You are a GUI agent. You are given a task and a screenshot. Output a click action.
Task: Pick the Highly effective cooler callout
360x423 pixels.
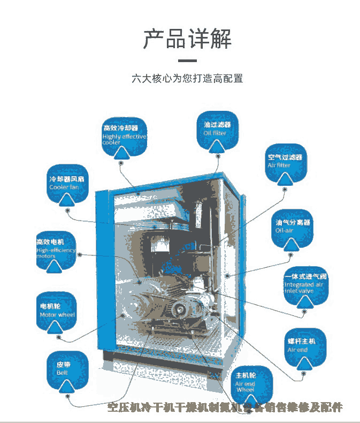tap(124, 138)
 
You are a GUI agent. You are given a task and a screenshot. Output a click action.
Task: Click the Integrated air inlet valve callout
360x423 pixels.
tap(305, 288)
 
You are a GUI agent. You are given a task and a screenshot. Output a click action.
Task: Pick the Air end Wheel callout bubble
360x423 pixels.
tap(251, 386)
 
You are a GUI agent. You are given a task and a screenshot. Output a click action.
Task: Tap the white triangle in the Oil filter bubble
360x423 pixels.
tap(217, 145)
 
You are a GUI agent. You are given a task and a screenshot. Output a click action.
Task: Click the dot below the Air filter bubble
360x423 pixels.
tap(286, 189)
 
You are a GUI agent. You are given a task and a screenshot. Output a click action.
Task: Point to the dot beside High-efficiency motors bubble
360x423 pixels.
tap(80, 254)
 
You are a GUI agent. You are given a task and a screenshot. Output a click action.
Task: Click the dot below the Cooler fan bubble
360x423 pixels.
tap(67, 210)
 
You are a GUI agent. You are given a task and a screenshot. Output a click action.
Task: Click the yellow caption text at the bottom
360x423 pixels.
tap(225, 408)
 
